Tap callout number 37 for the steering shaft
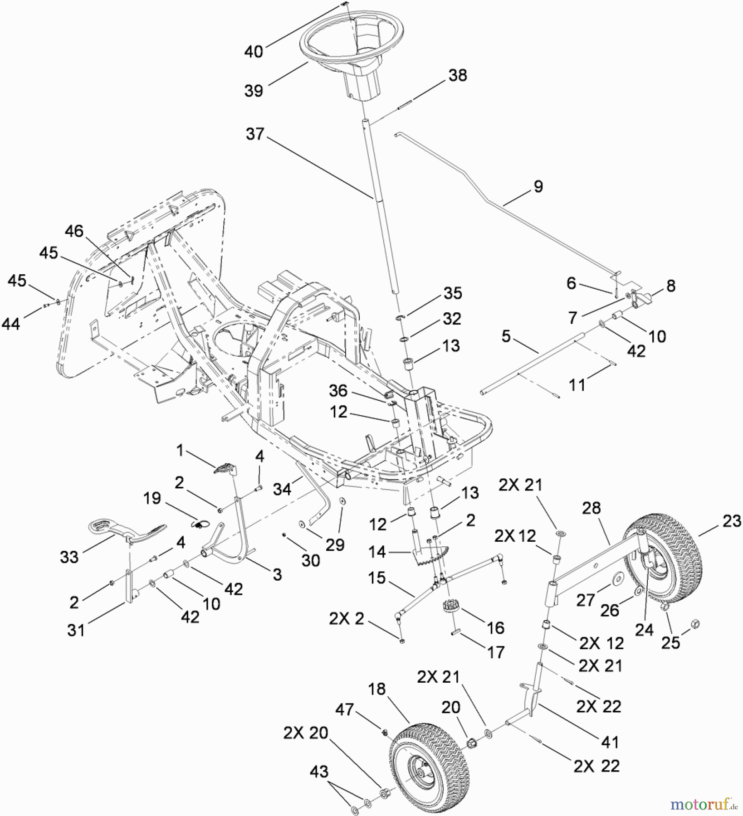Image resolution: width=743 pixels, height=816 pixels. (255, 134)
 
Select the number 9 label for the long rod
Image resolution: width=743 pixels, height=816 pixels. (538, 186)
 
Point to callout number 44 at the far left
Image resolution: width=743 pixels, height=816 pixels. (11, 324)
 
